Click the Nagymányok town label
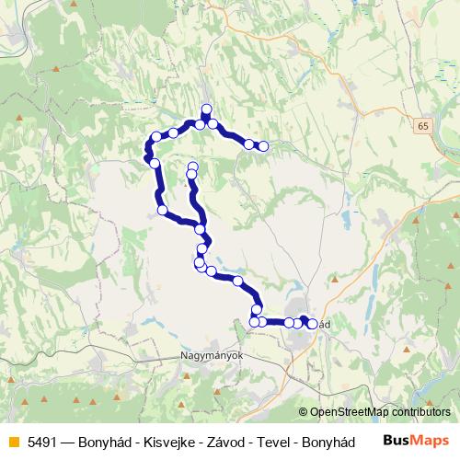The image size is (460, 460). [209, 354]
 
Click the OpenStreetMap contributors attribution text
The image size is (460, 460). [380, 412]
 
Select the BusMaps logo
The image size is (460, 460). [417, 442]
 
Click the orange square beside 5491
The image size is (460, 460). [12, 442]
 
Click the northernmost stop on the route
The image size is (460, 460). [206, 109]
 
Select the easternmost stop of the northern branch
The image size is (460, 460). [263, 145]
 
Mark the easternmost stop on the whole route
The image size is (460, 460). [312, 324]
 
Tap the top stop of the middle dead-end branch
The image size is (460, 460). [192, 167]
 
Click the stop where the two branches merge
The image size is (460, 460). [200, 226]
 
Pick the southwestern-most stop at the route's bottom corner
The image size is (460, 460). [255, 321]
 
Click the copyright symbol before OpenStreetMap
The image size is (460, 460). [304, 412]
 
